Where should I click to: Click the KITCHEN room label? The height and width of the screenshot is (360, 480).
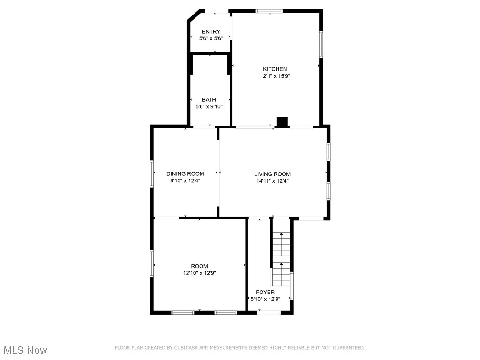pyautogui.click(x=275, y=69)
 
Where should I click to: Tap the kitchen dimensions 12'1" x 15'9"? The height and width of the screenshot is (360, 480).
pyautogui.click(x=275, y=76)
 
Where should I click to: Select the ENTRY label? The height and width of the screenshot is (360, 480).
pyautogui.click(x=211, y=31)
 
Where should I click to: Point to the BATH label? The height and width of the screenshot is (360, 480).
pyautogui.click(x=209, y=99)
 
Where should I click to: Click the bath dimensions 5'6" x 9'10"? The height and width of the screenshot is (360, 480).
pyautogui.click(x=209, y=106)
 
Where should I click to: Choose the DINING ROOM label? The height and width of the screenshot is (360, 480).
pyautogui.click(x=185, y=173)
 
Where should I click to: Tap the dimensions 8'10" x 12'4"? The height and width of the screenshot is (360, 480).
pyautogui.click(x=185, y=180)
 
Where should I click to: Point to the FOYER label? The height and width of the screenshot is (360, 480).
pyautogui.click(x=265, y=292)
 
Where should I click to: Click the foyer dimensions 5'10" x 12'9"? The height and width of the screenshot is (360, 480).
pyautogui.click(x=265, y=299)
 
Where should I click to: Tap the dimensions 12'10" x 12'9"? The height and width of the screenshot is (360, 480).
pyautogui.click(x=199, y=273)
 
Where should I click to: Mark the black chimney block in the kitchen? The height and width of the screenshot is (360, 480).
pyautogui.click(x=282, y=122)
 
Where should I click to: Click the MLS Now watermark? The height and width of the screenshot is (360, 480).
pyautogui.click(x=26, y=350)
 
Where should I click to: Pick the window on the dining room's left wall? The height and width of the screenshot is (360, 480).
pyautogui.click(x=152, y=173)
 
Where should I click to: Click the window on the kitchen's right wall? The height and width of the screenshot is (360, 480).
pyautogui.click(x=321, y=45)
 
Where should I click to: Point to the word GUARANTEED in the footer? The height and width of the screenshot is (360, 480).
pyautogui.click(x=349, y=348)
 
